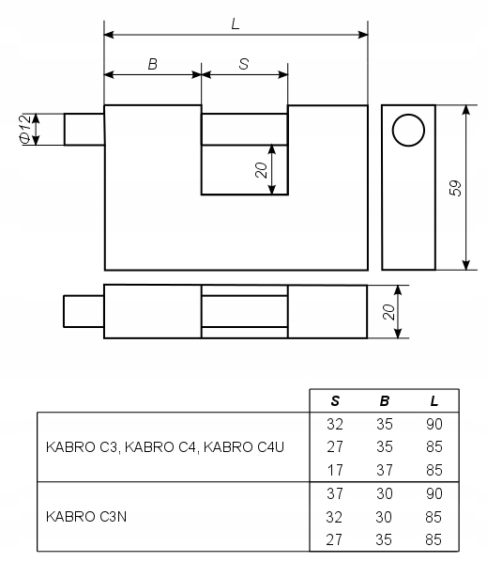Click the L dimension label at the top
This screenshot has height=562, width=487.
click(236, 24)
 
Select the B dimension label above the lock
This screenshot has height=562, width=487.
click(153, 64)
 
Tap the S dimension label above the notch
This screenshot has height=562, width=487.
click(244, 64)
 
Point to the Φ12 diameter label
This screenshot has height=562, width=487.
click(25, 129)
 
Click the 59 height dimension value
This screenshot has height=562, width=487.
click(455, 188)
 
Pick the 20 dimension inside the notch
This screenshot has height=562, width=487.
click(261, 170)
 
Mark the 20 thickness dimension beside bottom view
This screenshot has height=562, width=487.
click(388, 312)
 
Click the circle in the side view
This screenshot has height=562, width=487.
click(408, 130)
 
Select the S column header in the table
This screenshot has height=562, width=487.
click(335, 401)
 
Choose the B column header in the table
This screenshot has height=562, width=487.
click(385, 401)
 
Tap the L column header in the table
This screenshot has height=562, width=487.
click(434, 401)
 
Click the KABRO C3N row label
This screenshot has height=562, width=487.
click(86, 517)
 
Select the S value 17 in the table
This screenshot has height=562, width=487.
click(335, 470)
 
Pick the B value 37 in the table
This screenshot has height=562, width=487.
click(385, 470)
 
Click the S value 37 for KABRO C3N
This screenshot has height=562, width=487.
click(335, 493)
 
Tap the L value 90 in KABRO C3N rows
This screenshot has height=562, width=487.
click(434, 493)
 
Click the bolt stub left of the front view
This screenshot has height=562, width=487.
click(84, 130)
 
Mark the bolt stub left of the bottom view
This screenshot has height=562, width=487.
click(84, 311)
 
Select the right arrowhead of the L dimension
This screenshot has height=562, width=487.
click(363, 35)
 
